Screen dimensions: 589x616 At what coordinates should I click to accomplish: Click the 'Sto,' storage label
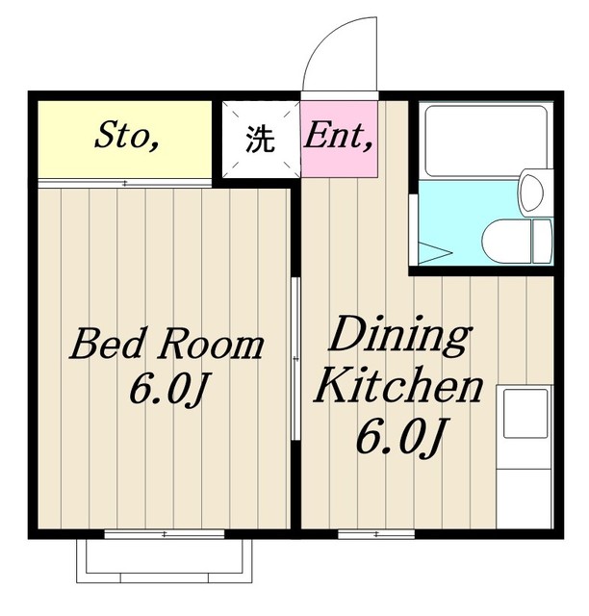coord(126,135)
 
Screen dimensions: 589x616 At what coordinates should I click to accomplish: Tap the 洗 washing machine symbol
coord(260,139)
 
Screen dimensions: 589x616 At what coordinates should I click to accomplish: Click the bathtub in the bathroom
coord(486,141)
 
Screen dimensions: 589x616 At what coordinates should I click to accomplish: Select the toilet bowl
coord(505,242)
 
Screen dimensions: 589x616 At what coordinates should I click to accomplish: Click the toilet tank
coord(542,242)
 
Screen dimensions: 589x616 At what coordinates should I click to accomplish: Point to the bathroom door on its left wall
coord(413,229)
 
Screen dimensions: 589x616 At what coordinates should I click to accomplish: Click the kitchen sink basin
coord(525,413)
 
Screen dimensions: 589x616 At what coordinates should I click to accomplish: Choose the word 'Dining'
coord(399,336)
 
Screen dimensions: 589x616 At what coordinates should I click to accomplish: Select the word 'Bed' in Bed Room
coord(106,345)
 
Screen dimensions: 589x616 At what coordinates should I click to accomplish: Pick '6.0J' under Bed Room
coord(168,388)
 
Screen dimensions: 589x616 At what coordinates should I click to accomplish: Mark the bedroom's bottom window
coord(165,534)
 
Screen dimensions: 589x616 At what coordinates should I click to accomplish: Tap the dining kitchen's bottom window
coord(376,534)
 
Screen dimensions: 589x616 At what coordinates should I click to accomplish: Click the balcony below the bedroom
coord(165,560)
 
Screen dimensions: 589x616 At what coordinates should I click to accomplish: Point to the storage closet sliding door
coord(125,183)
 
